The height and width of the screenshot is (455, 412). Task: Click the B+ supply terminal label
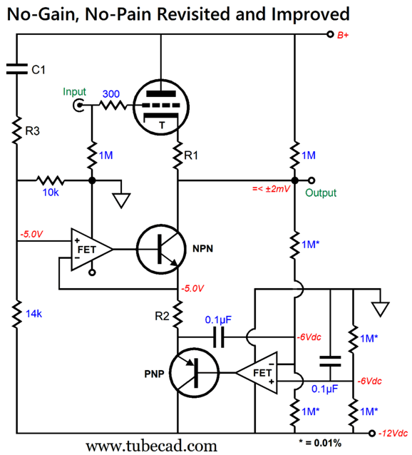pos(343,35)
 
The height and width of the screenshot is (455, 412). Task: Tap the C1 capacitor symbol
pos(17,69)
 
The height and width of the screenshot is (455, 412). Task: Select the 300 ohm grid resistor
pos(113,105)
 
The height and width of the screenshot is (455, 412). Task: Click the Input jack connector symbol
pos(78,105)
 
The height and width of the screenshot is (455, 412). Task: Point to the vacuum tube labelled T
pos(161,107)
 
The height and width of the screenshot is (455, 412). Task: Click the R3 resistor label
pos(33,131)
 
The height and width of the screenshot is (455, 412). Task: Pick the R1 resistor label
pos(191,155)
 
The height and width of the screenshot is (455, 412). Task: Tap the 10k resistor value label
pos(51,193)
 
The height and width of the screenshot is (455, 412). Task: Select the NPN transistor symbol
pos(161,249)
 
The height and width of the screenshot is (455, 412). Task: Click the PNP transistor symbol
pos(194,373)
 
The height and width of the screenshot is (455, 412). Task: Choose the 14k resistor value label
pos(34,314)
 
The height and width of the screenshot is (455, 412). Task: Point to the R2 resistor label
pos(162,316)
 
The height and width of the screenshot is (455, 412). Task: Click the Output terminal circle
pos(311,180)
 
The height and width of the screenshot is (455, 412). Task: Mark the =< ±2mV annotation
pos(271,189)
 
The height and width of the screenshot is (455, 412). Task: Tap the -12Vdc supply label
pos(393,433)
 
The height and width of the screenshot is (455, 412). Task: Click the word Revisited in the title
pos(195,14)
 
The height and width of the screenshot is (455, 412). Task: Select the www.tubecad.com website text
pos(151,446)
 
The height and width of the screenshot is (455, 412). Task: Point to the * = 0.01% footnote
pos(320,443)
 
